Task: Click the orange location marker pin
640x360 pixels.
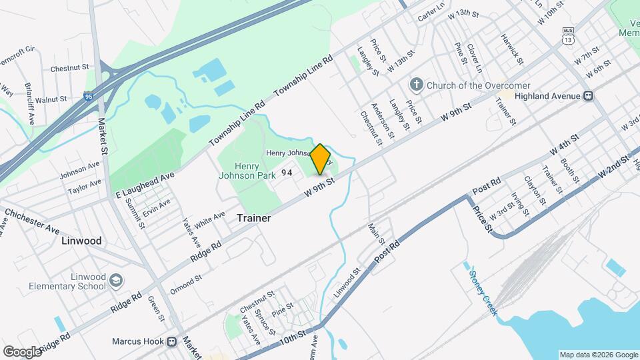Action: (320, 159)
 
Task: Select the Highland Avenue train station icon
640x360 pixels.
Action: (588, 96)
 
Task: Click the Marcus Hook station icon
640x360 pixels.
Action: (171, 341)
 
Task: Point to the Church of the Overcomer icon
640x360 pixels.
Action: (417, 85)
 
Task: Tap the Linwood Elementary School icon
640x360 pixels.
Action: (117, 279)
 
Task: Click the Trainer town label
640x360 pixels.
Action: (253, 218)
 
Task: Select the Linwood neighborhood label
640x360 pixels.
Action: (81, 240)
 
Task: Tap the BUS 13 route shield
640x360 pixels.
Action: (568, 35)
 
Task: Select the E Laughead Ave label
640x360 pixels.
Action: (145, 183)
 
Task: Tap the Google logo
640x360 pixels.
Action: (21, 351)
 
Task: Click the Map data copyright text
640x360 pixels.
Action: (597, 355)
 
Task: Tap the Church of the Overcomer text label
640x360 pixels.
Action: (478, 85)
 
